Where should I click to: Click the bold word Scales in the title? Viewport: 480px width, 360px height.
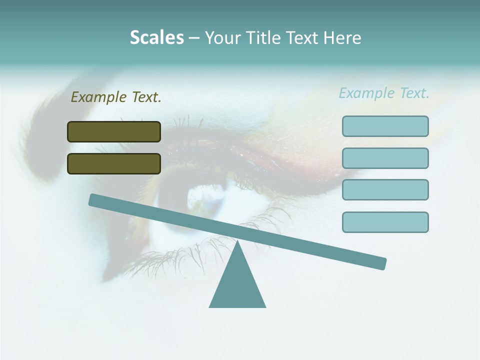pyautogui.click(x=156, y=37)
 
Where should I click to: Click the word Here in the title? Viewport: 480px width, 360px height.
pyautogui.click(x=342, y=37)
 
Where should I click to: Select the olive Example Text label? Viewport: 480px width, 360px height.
pyautogui.click(x=116, y=97)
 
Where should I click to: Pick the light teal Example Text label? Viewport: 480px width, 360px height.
pyautogui.click(x=384, y=93)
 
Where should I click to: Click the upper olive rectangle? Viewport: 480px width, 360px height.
pyautogui.click(x=114, y=131)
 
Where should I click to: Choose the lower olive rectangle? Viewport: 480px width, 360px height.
pyautogui.click(x=114, y=163)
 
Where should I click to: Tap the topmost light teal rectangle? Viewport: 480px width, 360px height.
pyautogui.click(x=385, y=126)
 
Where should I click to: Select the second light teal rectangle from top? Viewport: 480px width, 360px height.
pyautogui.click(x=385, y=158)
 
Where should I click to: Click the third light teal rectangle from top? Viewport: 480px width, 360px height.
pyautogui.click(x=385, y=189)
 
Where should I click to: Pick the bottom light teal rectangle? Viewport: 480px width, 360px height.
pyautogui.click(x=385, y=222)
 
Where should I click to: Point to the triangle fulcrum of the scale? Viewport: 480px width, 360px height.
pyautogui.click(x=237, y=285)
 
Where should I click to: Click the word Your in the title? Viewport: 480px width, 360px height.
pyautogui.click(x=222, y=37)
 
